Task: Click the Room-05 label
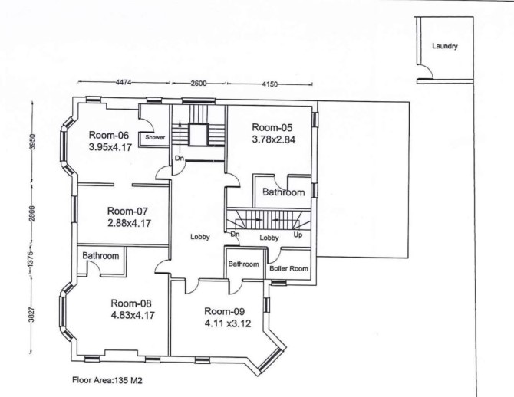tap(272, 127)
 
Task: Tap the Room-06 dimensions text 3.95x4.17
tap(110, 147)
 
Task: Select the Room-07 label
tap(127, 211)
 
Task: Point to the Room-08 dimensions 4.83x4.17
tap(133, 316)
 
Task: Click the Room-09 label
tap(224, 311)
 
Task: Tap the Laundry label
tap(444, 46)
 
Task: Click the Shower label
tap(155, 137)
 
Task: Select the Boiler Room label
tap(288, 268)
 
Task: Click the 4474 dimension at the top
tap(124, 83)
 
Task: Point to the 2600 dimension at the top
tap(199, 84)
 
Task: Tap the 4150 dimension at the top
tap(269, 84)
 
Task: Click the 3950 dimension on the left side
tap(32, 142)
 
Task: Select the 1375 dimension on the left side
tap(31, 258)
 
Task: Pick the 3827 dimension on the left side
tap(31, 313)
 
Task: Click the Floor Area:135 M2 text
tap(107, 381)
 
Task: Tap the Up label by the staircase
tap(298, 235)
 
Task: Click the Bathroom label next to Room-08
tap(100, 256)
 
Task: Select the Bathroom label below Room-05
tap(284, 192)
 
